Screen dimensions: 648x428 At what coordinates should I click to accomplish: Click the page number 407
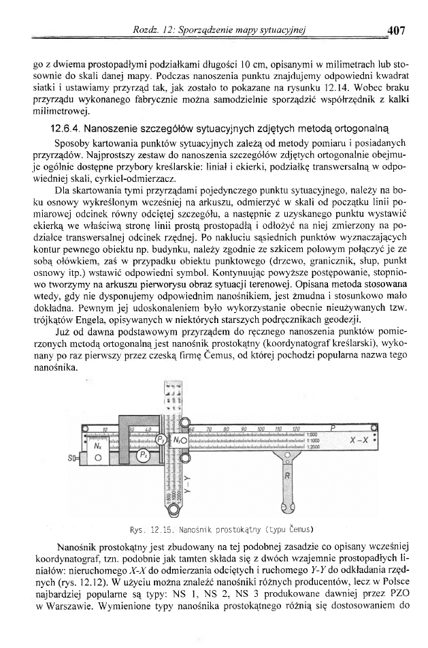click(x=395, y=29)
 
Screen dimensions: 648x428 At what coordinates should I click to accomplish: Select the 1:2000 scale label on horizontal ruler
click(x=314, y=446)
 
